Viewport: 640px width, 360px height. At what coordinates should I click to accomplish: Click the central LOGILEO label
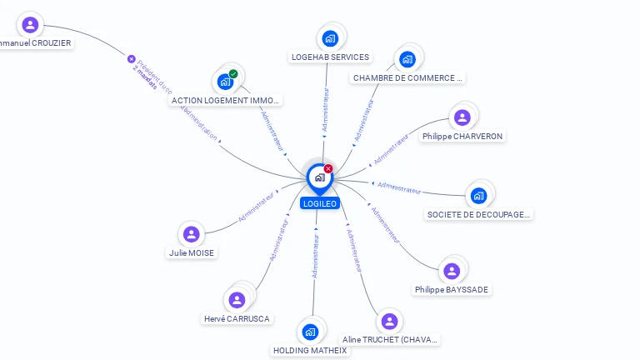pyautogui.click(x=320, y=203)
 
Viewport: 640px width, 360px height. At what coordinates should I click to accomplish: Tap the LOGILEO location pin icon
pyautogui.click(x=319, y=177)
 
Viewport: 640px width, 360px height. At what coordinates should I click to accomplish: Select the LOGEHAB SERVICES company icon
pyautogui.click(x=330, y=38)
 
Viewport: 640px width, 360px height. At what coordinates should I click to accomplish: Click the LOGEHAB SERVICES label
pyautogui.click(x=330, y=57)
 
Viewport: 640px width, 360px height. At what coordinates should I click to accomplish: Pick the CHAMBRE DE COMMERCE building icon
pyautogui.click(x=407, y=59)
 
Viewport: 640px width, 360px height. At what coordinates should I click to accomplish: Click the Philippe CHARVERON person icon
pyautogui.click(x=462, y=117)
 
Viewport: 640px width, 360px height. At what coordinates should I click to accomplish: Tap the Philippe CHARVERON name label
pyautogui.click(x=462, y=136)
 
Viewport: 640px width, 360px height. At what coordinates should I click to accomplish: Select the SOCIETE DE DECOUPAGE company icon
pyautogui.click(x=478, y=195)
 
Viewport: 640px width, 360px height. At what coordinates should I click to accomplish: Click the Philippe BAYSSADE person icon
pyautogui.click(x=452, y=271)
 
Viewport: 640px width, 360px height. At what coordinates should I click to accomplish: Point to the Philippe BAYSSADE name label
pyautogui.click(x=452, y=290)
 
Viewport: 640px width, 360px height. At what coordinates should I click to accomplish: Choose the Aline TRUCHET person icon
pyautogui.click(x=389, y=321)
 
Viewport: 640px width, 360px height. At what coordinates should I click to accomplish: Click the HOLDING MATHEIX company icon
pyautogui.click(x=310, y=332)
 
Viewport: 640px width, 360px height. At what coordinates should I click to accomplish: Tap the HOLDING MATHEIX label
pyautogui.click(x=310, y=351)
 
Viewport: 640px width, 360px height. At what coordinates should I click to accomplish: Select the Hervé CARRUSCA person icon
pyautogui.click(x=237, y=300)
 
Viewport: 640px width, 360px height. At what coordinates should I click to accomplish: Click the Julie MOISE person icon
pyautogui.click(x=192, y=234)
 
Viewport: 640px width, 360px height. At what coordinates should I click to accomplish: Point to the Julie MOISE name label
pyautogui.click(x=192, y=252)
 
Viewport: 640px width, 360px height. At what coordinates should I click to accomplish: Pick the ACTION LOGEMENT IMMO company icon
pyautogui.click(x=224, y=82)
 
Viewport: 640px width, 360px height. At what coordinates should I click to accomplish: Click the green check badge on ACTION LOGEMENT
pyautogui.click(x=233, y=74)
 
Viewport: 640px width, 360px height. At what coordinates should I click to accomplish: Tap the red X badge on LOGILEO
pyautogui.click(x=328, y=168)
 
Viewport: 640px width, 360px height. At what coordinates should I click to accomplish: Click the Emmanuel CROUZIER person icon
pyautogui.click(x=31, y=24)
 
